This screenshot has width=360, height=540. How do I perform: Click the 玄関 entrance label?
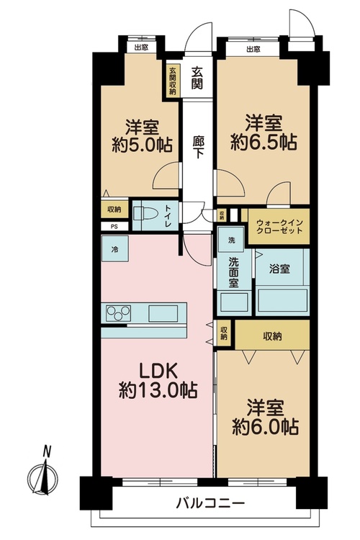pyautogui.click(x=197, y=78)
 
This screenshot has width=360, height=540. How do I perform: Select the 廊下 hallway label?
pyautogui.click(x=198, y=147)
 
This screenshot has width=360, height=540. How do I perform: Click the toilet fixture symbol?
pyautogui.click(x=145, y=214)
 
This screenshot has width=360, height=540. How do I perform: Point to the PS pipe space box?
pyautogui.click(x=114, y=226)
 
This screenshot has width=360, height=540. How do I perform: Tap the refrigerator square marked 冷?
pyautogui.click(x=114, y=249)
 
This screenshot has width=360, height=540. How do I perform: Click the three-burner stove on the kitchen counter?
pyautogui.click(x=118, y=313)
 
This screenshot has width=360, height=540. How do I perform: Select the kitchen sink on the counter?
pyautogui.click(x=163, y=313)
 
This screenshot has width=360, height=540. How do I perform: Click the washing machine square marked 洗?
pyautogui.click(x=231, y=240)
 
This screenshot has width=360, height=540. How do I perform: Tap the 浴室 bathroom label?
pyautogui.click(x=279, y=269)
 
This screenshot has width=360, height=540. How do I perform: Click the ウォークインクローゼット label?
pyautogui.click(x=279, y=227)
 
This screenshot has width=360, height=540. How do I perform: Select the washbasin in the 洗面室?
pyautogui.click(x=234, y=302)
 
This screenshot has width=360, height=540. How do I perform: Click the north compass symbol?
pyautogui.click(x=42, y=474)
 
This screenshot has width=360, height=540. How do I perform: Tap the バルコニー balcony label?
pyautogui.click(x=210, y=504)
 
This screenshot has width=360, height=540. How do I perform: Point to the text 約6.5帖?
pyautogui.click(x=264, y=142)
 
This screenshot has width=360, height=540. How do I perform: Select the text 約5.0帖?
pyautogui.click(x=142, y=145)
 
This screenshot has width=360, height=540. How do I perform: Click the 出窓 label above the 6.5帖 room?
pyautogui.click(x=253, y=49)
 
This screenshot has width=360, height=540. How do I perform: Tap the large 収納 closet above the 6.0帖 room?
pyautogui.click(x=272, y=336)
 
